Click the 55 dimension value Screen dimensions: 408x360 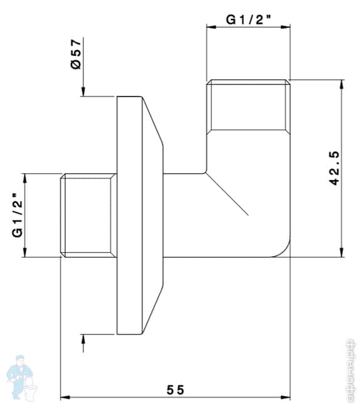(176, 390)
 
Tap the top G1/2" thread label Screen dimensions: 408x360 (248, 19)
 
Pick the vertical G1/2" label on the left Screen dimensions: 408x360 (17, 216)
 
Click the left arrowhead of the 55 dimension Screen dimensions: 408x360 (64, 397)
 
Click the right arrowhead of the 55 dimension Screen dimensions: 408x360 (287, 397)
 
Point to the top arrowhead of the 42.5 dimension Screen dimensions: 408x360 (341, 83)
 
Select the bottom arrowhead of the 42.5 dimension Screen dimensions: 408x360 (341, 253)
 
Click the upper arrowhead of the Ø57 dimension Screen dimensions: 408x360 (82, 92)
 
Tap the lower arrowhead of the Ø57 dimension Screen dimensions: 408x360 (82, 339)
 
